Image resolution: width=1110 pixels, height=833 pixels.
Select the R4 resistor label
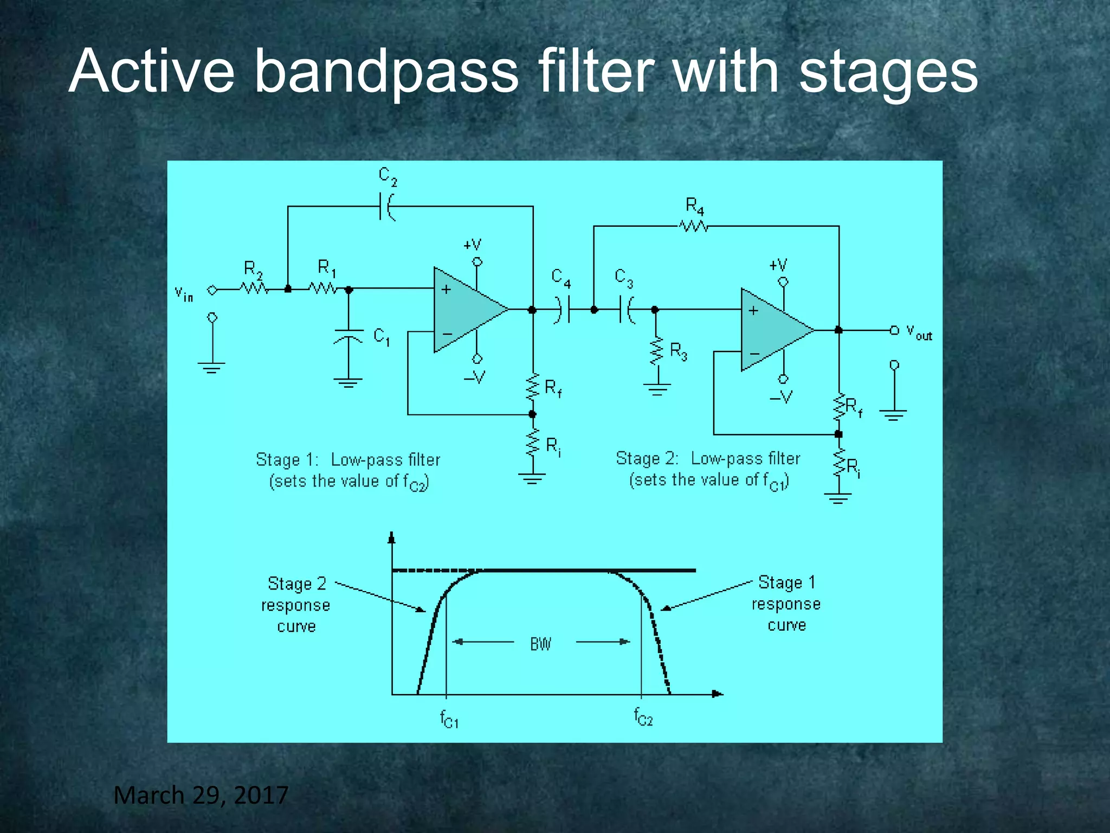pos(695,207)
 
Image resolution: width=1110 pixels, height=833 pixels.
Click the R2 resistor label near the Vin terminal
pos(253,269)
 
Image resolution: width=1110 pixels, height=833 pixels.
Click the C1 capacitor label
pos(382,337)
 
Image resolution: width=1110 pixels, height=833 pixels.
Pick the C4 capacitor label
pos(561,278)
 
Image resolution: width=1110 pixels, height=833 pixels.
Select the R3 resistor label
pos(679,351)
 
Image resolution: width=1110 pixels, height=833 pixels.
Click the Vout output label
pos(919,332)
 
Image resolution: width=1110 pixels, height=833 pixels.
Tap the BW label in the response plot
pos(540,644)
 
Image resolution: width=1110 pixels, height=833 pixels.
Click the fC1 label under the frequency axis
pos(449,719)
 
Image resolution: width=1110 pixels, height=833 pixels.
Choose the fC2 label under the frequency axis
pos(643,717)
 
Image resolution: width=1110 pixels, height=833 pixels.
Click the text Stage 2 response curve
pos(296,605)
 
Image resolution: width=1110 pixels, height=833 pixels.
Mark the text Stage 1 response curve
pos(786,604)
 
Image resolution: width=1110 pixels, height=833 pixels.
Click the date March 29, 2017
pos(201,796)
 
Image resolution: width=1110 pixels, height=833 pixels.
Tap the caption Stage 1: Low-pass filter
pos(348,460)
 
